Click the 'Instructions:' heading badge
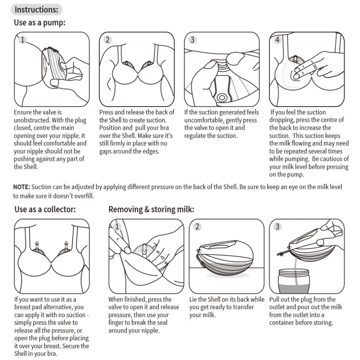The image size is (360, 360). (36, 10)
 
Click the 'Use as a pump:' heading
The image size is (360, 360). (40, 23)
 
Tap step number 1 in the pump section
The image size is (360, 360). (23, 40)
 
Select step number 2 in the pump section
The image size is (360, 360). (108, 40)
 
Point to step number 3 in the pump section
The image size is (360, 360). (192, 40)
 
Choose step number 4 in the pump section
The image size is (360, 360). (277, 40)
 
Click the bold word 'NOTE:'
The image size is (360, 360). (21, 187)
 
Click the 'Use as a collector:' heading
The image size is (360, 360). (45, 209)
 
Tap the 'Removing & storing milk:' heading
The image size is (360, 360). (151, 209)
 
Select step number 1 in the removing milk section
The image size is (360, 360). (117, 227)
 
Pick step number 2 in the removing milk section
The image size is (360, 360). (197, 227)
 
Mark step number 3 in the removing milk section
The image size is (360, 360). (277, 227)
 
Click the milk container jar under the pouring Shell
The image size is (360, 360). (294, 281)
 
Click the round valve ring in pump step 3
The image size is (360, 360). (222, 98)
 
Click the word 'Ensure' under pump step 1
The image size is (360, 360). (23, 112)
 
